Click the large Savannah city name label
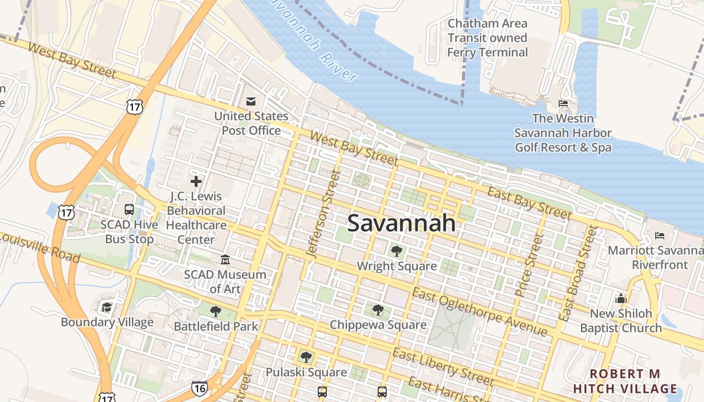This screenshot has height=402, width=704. click(401, 223)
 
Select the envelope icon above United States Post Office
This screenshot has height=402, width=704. click(250, 102)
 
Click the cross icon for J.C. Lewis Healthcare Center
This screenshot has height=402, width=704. click(196, 181)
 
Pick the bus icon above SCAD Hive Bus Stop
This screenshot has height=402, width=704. click(129, 210)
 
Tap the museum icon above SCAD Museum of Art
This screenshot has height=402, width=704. click(225, 260)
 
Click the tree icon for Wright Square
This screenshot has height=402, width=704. click(397, 250)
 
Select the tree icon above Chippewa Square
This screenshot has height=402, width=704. click(378, 310)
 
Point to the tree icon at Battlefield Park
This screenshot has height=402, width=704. click(216, 312)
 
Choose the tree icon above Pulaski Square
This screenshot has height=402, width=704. click(305, 357)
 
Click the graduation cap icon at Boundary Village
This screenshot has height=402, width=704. click(107, 307)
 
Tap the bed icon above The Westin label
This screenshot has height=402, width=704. click(563, 104)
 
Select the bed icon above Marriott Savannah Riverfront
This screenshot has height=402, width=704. click(660, 235)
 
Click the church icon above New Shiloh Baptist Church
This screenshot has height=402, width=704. click(621, 298)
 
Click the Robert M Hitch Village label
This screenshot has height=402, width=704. click(625, 381)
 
